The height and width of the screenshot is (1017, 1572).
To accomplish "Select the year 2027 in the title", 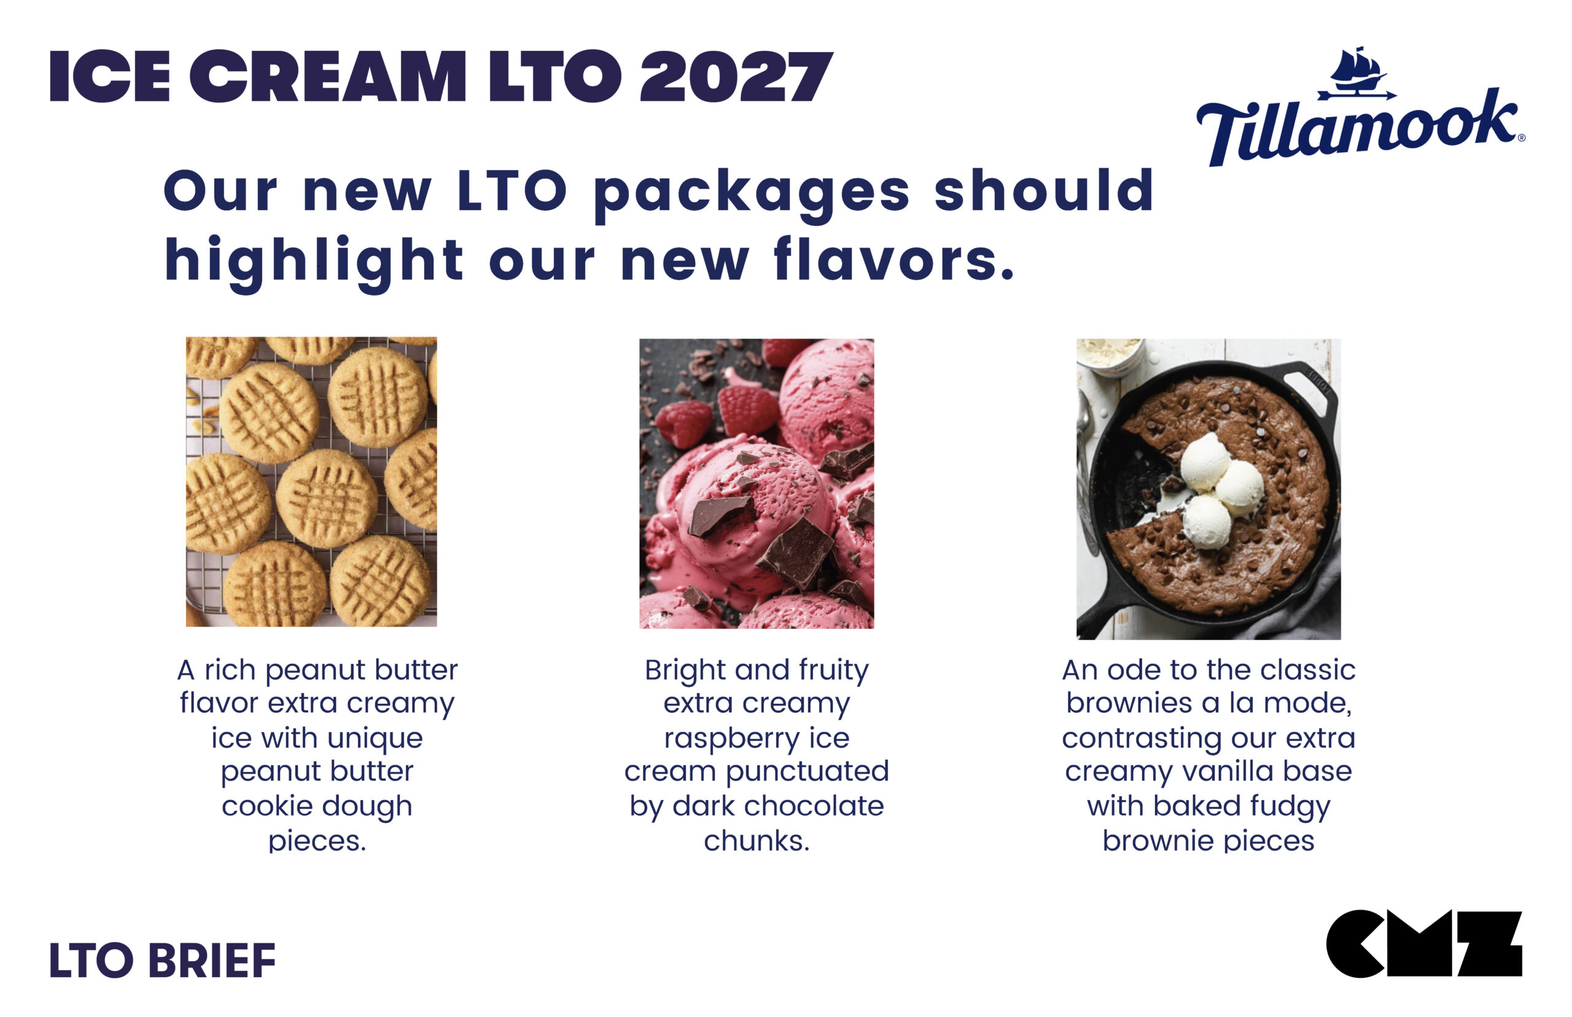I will pyautogui.click(x=736, y=77).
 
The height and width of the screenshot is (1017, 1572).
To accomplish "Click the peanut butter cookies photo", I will pyautogui.click(x=311, y=481).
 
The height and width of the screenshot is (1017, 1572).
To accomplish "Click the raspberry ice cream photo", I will pyautogui.click(x=756, y=483).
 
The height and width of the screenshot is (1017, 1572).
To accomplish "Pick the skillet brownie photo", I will pyautogui.click(x=1208, y=489).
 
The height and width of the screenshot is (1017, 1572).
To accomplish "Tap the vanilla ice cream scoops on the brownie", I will pyautogui.click(x=1215, y=489).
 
